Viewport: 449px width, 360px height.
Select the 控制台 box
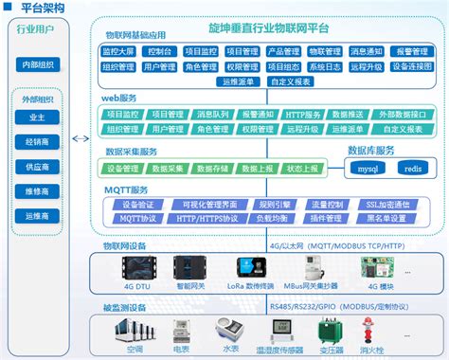[x=161, y=50]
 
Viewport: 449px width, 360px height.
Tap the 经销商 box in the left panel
[x=37, y=142]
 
